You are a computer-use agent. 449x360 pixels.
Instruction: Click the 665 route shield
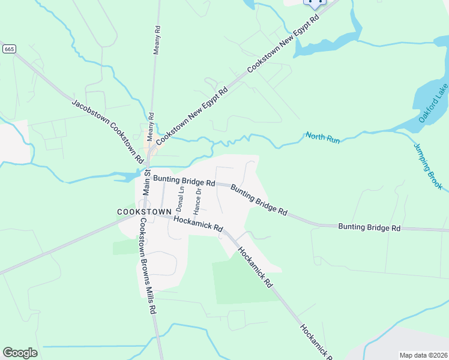tap(8, 48)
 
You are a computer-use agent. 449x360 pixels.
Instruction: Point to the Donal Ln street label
tap(179, 199)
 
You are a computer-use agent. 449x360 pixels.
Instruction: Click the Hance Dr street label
tap(197, 201)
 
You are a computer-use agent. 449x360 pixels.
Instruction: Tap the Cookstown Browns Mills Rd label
tap(148, 266)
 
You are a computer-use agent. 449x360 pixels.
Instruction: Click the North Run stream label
tap(322, 138)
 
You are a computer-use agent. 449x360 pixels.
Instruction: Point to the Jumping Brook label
tap(427, 166)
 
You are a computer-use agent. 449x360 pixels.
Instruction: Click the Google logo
tap(20, 352)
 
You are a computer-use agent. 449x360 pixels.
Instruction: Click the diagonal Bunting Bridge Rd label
tap(259, 200)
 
